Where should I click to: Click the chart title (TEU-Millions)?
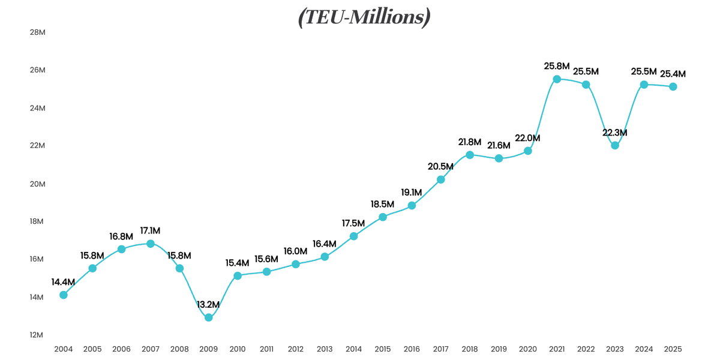pyautogui.click(x=364, y=17)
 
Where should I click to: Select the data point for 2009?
pyautogui.click(x=209, y=317)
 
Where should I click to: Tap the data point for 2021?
pyautogui.click(x=557, y=79)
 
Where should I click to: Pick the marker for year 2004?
pyautogui.click(x=64, y=295)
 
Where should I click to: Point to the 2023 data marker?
pyautogui.click(x=615, y=145)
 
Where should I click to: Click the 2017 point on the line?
pyautogui.click(x=441, y=179)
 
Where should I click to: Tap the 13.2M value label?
pyautogui.click(x=208, y=304)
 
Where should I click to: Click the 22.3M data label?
pyautogui.click(x=615, y=132)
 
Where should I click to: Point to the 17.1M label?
pyautogui.click(x=150, y=230)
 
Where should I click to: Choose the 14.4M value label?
pyautogui.click(x=63, y=281)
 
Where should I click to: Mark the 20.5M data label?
pyautogui.click(x=440, y=166)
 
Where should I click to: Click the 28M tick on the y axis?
pyautogui.click(x=38, y=32)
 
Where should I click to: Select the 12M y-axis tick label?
pyautogui.click(x=38, y=335)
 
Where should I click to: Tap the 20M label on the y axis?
pyautogui.click(x=38, y=184)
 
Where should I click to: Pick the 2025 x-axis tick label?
pyautogui.click(x=673, y=349)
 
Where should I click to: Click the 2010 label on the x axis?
pyautogui.click(x=238, y=349)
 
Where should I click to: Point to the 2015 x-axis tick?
pyautogui.click(x=383, y=349)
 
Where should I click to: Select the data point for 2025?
pyautogui.click(x=673, y=86)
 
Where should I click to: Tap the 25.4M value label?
pyautogui.click(x=673, y=74)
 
